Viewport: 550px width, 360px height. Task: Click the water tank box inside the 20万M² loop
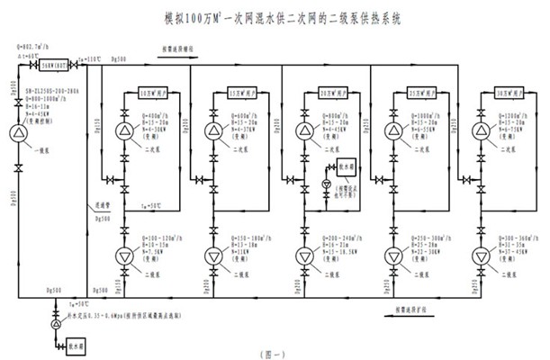coord(347,166)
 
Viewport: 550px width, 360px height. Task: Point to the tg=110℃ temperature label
coord(87,56)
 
